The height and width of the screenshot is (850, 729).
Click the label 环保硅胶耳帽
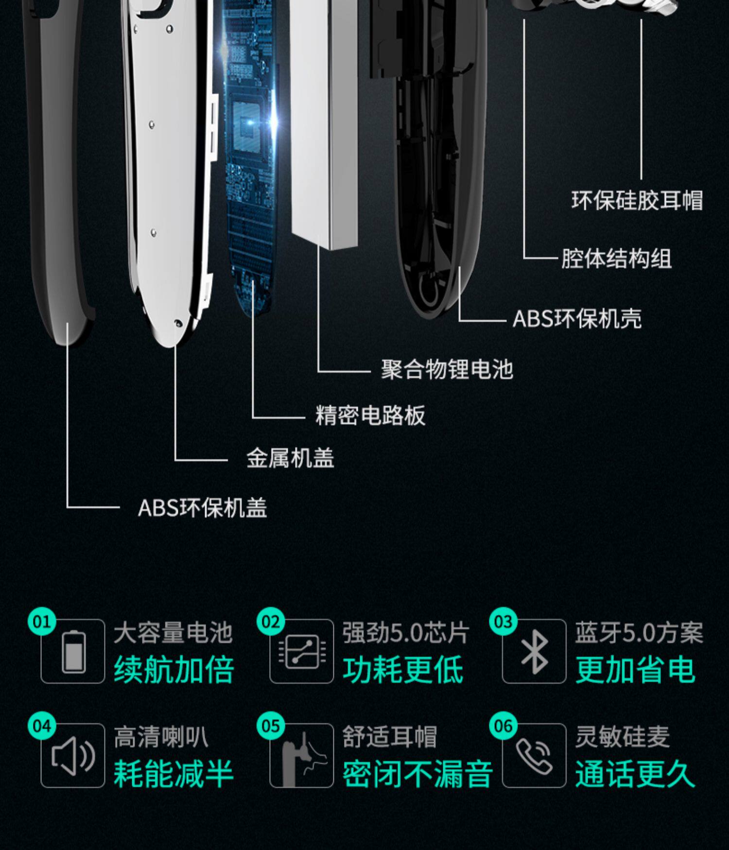(637, 201)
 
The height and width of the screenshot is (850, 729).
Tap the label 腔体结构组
(616, 259)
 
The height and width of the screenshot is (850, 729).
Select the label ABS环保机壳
(577, 319)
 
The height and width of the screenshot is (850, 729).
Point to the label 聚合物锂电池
(447, 369)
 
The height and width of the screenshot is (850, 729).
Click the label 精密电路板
(370, 416)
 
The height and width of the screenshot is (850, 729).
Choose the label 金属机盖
(290, 458)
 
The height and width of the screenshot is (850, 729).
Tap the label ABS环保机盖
(202, 508)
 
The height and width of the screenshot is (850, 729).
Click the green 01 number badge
(42, 622)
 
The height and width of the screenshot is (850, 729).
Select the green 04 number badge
(42, 726)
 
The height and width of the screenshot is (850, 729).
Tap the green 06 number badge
(503, 726)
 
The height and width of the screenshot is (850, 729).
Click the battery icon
(73, 652)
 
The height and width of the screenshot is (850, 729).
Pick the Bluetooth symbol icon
(534, 652)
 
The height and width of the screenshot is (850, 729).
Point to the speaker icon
(73, 756)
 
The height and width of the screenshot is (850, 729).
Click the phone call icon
(534, 756)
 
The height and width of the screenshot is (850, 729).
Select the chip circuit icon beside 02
(302, 652)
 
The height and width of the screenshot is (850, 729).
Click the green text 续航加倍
(174, 670)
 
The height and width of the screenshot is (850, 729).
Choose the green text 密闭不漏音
(417, 774)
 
